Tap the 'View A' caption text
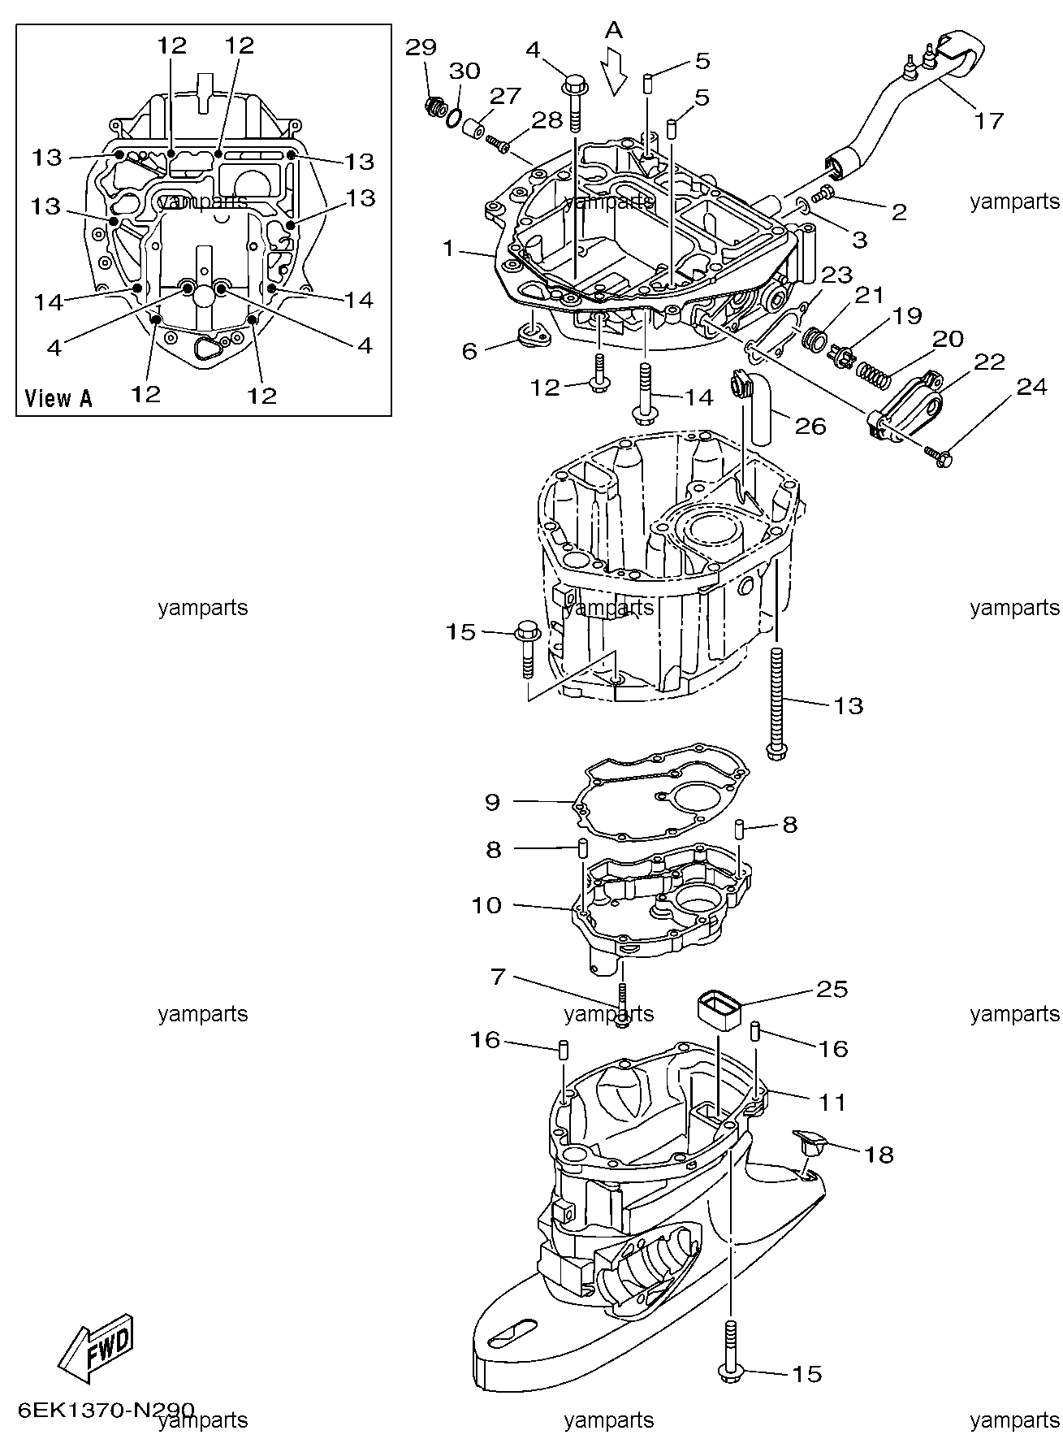(58, 398)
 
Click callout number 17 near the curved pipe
(987, 121)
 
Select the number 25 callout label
(832, 989)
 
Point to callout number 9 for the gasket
(493, 802)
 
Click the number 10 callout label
(487, 904)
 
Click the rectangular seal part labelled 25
(719, 1010)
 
